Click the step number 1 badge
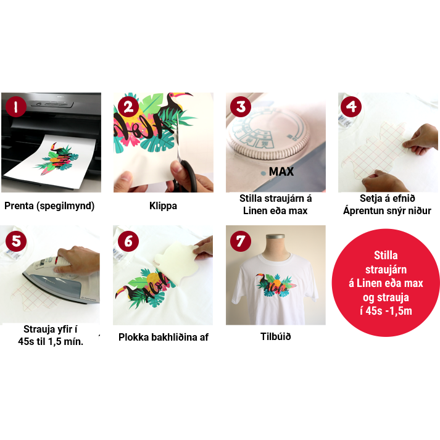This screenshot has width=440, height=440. coord(15,107)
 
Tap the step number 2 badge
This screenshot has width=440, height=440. coord(128,107)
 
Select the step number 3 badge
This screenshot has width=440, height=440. coord(241,107)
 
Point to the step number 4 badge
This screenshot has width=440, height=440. coord(351,107)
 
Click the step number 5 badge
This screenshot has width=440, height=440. coord(16,241)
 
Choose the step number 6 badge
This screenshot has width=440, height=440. coord(128,241)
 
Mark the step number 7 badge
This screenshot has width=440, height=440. coord(241,241)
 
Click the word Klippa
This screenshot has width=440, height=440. coord(163,206)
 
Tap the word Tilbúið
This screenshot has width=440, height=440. coord(276,336)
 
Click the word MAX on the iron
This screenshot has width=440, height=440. coord(281,172)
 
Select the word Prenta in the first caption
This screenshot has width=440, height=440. coord(19,205)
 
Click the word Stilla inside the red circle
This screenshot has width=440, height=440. coord(386,255)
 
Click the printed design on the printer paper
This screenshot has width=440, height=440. coord(57,159)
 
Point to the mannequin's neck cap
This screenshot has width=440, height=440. coord(275,236)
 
